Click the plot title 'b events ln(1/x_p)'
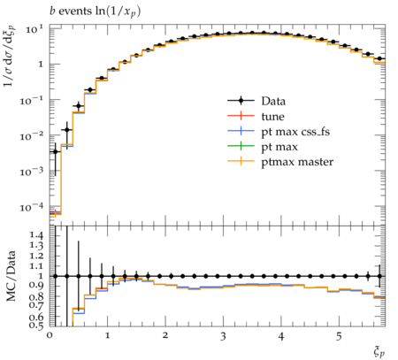(x=95, y=11)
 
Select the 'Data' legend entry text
(x=273, y=101)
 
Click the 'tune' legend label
(x=272, y=117)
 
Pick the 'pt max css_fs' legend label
(x=295, y=132)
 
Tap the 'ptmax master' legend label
(x=297, y=162)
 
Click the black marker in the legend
(x=241, y=101)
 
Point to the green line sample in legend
(x=241, y=146)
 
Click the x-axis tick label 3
(x=223, y=336)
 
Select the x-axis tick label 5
(x=339, y=336)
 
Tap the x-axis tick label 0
(x=50, y=336)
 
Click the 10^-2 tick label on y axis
(x=32, y=135)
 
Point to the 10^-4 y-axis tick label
(x=32, y=207)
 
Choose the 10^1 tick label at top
(x=34, y=29)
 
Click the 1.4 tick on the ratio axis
(x=36, y=235)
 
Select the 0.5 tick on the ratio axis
(x=36, y=325)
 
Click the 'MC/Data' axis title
(x=11, y=276)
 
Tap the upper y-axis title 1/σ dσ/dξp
(x=10, y=55)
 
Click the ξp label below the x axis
(x=379, y=351)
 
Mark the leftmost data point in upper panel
(x=55, y=151)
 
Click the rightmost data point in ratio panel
(x=379, y=276)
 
